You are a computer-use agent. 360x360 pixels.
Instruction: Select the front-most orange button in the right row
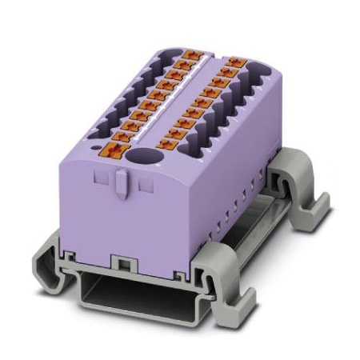coord(169,145)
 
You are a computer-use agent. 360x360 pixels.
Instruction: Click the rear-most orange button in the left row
coord(190,55)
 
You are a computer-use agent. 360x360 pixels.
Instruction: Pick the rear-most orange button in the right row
coord(234,61)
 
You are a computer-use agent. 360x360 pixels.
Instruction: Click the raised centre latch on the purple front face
coord(119,186)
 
